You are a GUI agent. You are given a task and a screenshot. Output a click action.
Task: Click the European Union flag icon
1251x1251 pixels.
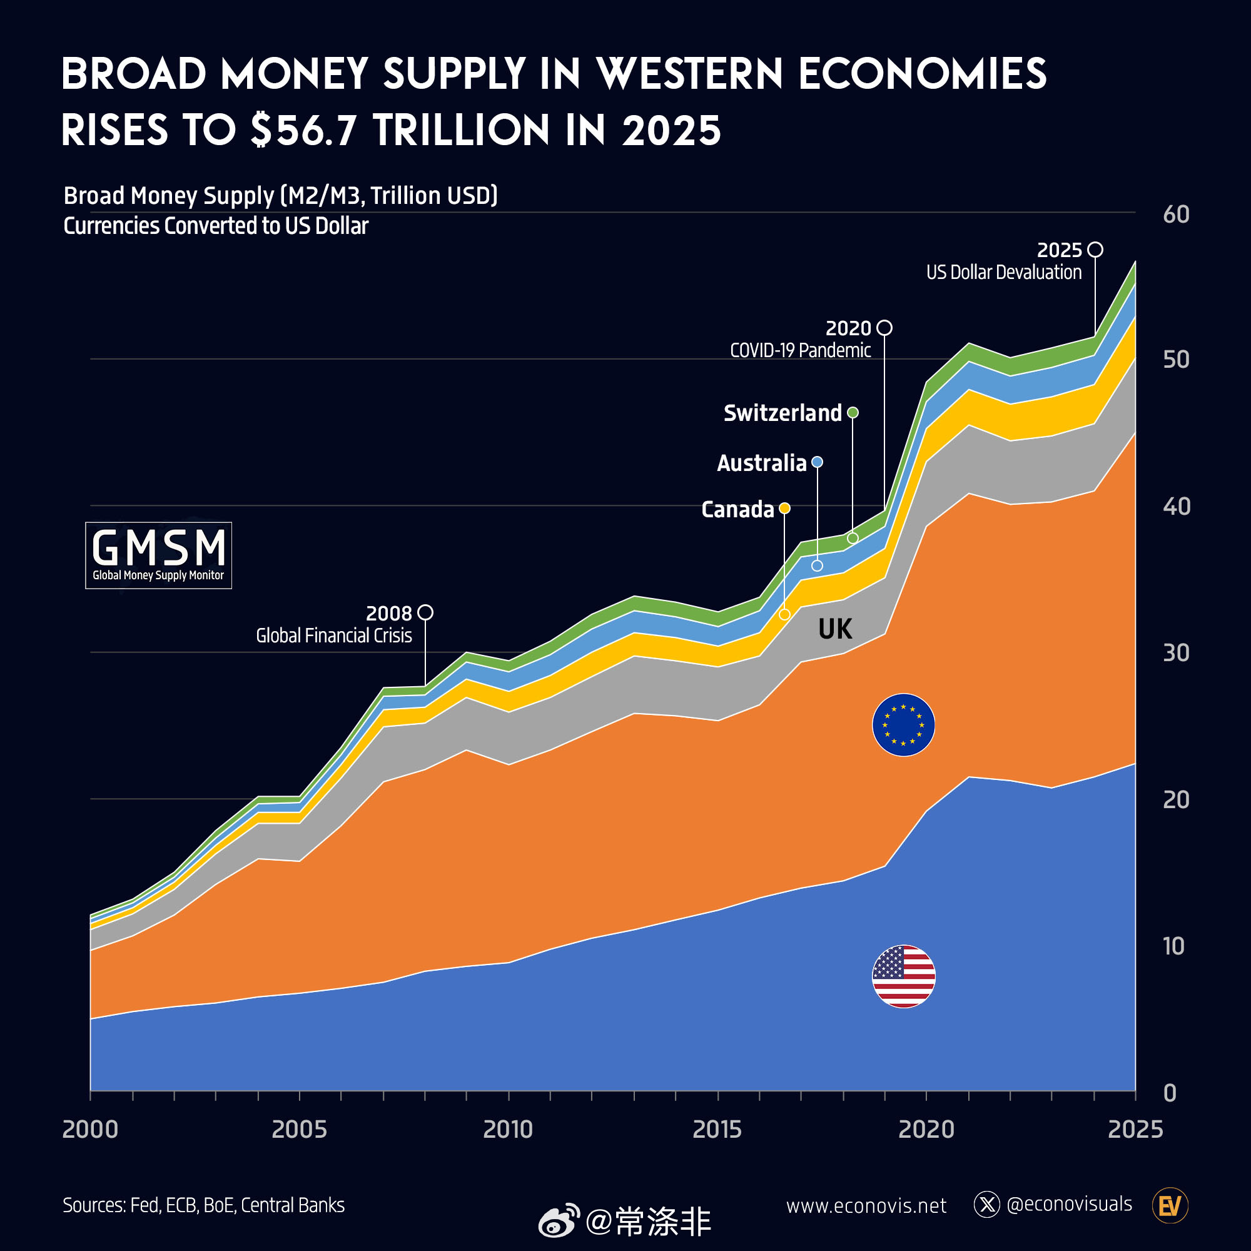[903, 724]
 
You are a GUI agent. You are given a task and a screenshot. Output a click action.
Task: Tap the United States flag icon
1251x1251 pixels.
[903, 976]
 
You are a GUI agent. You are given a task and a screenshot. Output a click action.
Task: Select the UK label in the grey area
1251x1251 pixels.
[834, 629]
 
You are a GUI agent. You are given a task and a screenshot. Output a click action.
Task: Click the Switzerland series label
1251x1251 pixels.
[783, 413]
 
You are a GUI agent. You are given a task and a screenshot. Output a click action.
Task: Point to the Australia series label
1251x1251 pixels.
[761, 463]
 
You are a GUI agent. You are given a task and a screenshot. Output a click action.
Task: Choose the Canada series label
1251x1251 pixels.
[737, 510]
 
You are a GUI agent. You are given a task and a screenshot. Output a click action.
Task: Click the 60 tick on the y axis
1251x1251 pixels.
[1176, 215]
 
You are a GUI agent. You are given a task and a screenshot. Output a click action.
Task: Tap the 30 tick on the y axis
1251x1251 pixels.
[1176, 652]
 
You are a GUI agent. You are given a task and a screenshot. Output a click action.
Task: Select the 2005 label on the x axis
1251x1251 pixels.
[298, 1129]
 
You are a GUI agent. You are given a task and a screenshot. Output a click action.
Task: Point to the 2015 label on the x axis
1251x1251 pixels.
[717, 1129]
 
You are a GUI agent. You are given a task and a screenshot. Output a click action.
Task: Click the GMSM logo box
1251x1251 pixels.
[159, 555]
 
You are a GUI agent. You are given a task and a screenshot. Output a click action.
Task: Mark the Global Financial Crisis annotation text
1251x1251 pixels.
[333, 636]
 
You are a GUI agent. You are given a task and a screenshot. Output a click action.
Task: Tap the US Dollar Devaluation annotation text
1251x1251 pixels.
[1004, 272]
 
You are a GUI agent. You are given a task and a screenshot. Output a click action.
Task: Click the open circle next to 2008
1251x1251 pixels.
[425, 612]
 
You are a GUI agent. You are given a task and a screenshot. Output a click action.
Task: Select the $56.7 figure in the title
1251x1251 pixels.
[303, 129]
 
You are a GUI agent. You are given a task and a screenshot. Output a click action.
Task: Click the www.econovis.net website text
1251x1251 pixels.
[866, 1206]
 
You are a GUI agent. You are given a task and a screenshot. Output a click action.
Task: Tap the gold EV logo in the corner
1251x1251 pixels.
[1170, 1205]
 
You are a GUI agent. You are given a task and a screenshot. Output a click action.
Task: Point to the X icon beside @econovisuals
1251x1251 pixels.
[987, 1204]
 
